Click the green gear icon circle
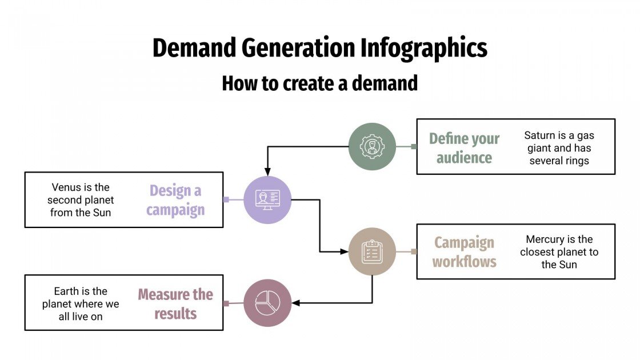point(372,146)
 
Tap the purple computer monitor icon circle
point(267,199)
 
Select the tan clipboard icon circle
point(372,251)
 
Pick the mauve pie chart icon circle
point(267,303)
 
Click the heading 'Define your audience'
point(464,148)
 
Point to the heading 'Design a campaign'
point(175,200)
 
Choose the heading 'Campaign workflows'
point(464,252)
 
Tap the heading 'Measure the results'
point(175,304)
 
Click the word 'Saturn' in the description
point(541,135)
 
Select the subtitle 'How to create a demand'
point(320,83)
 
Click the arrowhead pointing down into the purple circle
point(267,172)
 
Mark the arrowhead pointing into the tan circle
point(345,251)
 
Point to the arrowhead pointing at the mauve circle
point(295,303)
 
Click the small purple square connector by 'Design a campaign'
point(226,199)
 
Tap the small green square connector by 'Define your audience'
point(414,146)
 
